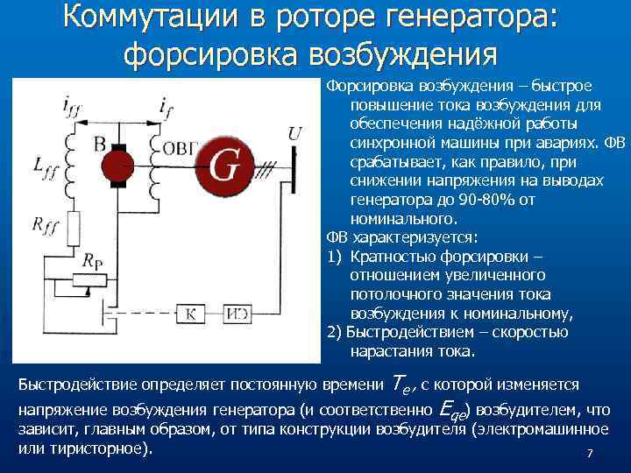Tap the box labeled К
(x=188, y=314)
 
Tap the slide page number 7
(x=590, y=453)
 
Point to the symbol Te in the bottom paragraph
(x=399, y=383)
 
